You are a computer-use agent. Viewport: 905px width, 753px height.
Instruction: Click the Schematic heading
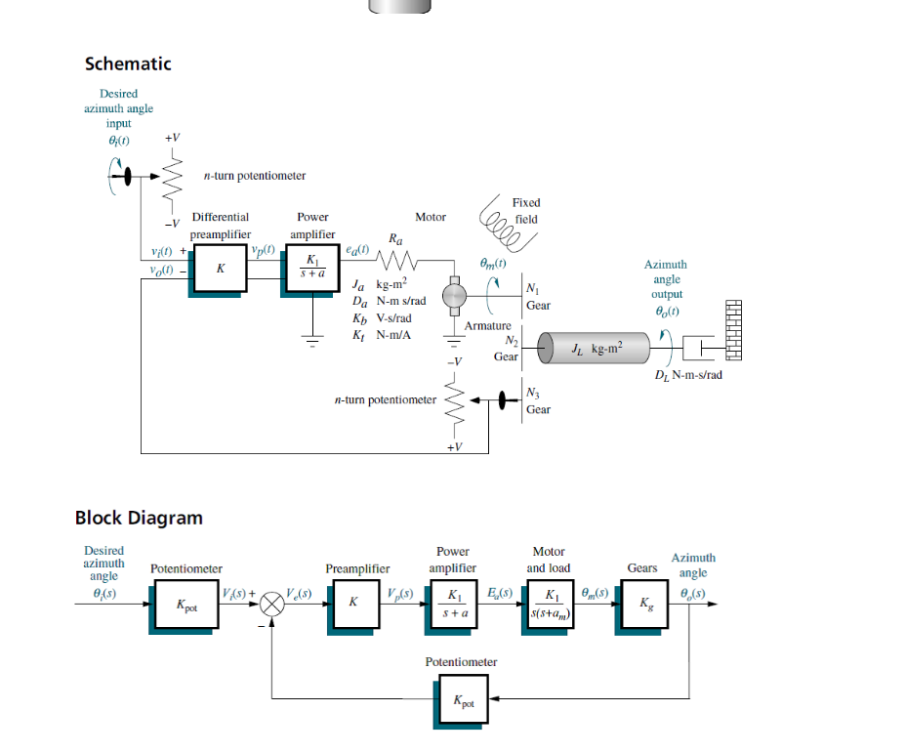coord(128,63)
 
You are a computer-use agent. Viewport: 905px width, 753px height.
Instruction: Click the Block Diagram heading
coord(139,518)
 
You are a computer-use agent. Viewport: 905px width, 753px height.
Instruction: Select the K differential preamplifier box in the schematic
coord(220,268)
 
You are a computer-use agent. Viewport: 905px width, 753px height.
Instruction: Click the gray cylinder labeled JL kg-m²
coord(596,349)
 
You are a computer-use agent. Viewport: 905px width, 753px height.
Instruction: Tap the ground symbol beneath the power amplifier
coord(312,342)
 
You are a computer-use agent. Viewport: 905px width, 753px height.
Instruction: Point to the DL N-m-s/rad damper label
coord(687,375)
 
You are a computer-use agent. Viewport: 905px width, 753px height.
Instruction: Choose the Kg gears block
coord(642,606)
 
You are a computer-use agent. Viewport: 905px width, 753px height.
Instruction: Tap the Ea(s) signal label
coord(499,594)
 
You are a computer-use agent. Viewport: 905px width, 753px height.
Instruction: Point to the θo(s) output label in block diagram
coord(692,594)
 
